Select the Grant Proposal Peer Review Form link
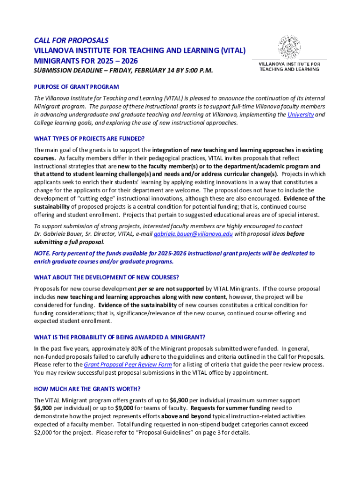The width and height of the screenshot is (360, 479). tap(128, 364)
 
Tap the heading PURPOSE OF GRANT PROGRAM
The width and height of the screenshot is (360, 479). tap(76, 87)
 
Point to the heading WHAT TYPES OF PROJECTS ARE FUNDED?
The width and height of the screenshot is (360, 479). tap(89, 138)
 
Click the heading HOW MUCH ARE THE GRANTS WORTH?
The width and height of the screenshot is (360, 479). tap(87, 389)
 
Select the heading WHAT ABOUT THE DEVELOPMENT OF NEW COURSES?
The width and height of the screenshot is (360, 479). tap(106, 277)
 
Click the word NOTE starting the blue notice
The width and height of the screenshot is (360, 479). tap(43, 253)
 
